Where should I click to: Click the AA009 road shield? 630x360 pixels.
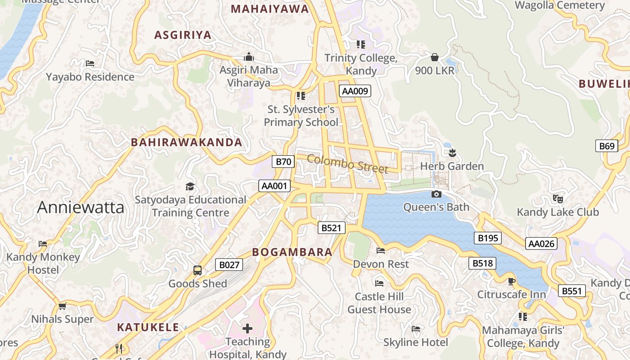(x=355, y=91)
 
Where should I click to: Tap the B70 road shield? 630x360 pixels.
(x=283, y=162)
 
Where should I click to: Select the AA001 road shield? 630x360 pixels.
(x=274, y=186)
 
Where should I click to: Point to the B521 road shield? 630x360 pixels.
(x=331, y=228)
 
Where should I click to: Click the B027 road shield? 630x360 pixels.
(x=229, y=265)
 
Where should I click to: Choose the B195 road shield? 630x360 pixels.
(x=487, y=238)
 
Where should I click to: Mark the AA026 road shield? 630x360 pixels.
(x=541, y=243)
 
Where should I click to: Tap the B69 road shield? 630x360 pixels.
(x=607, y=146)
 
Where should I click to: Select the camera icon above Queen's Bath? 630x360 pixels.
(x=436, y=194)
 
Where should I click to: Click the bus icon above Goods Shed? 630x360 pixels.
(x=198, y=270)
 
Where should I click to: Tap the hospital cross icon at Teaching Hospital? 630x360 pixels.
(x=247, y=328)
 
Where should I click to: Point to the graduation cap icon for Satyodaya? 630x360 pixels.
(x=190, y=186)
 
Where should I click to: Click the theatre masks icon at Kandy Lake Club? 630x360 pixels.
(x=558, y=198)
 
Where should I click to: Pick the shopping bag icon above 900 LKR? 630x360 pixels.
(x=435, y=57)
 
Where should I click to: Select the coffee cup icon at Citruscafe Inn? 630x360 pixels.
(x=511, y=282)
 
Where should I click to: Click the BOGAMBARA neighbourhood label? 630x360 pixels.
(x=292, y=252)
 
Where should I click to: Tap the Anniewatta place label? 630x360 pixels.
(x=81, y=207)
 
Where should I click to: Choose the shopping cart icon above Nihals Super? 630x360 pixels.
(x=62, y=306)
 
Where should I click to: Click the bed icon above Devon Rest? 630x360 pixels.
(x=381, y=251)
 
